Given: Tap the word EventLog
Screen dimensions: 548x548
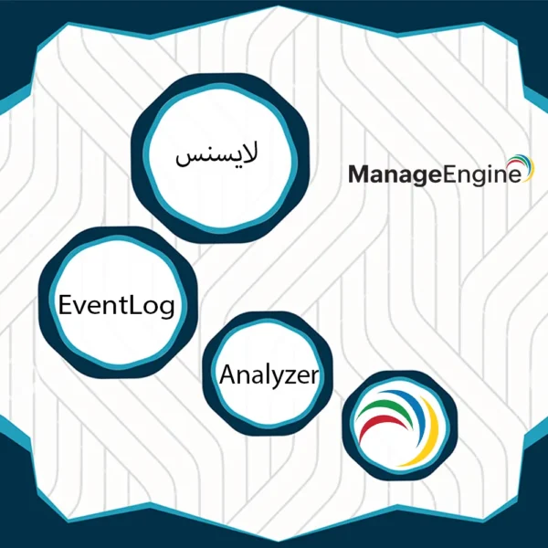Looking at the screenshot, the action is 116,305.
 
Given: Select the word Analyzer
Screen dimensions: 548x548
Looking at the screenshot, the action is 269,375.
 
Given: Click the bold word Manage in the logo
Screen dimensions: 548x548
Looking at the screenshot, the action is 395,174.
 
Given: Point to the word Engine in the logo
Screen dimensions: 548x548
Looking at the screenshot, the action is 482,174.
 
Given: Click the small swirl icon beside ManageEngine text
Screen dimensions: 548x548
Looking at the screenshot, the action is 521,167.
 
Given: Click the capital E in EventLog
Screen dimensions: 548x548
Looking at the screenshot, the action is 66,305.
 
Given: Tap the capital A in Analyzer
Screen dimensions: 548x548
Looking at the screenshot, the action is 228,374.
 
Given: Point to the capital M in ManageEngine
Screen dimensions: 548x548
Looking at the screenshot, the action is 359,174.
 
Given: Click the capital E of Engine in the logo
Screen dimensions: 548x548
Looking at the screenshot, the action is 448,174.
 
